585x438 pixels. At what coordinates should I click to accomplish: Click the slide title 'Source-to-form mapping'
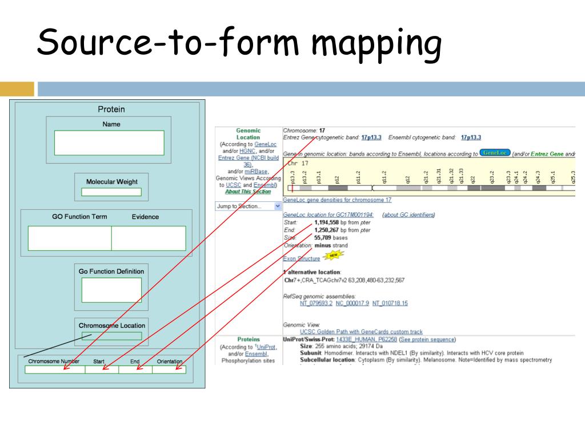[239, 44]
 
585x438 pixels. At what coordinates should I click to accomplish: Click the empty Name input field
[109, 143]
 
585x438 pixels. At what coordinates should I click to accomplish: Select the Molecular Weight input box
[111, 192]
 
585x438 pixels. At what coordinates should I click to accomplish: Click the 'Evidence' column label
[145, 217]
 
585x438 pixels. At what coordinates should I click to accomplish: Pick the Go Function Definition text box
[111, 290]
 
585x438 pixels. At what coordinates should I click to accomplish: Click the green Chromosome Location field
[111, 336]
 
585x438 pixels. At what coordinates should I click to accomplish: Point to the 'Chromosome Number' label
[54, 362]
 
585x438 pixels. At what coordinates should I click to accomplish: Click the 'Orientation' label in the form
[170, 362]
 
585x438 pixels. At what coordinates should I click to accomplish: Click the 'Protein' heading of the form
[111, 109]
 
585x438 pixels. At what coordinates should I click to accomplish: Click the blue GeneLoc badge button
[494, 153]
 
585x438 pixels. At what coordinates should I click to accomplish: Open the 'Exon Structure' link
[302, 258]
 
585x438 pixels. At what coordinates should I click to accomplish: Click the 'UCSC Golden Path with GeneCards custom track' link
[361, 331]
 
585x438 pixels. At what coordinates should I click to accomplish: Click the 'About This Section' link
[248, 192]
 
